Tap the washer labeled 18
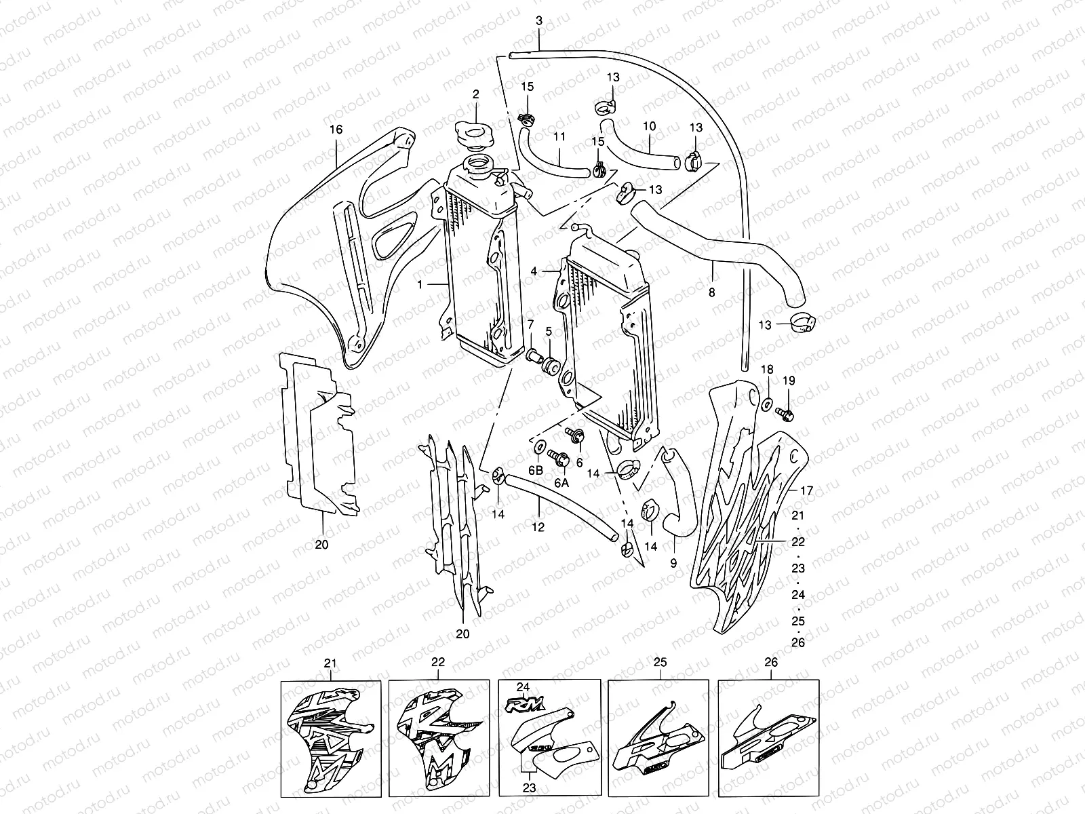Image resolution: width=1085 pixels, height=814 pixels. coord(766,405)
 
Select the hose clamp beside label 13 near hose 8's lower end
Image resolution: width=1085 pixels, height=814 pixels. coord(802,323)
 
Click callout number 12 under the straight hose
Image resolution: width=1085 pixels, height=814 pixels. coord(539,526)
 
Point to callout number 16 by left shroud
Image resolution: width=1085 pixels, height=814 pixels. coord(336,129)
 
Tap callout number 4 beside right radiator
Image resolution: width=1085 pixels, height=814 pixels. coord(534,271)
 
